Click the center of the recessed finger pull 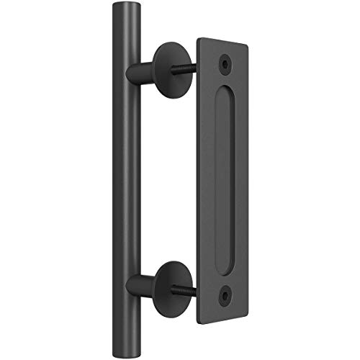click(228, 179)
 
